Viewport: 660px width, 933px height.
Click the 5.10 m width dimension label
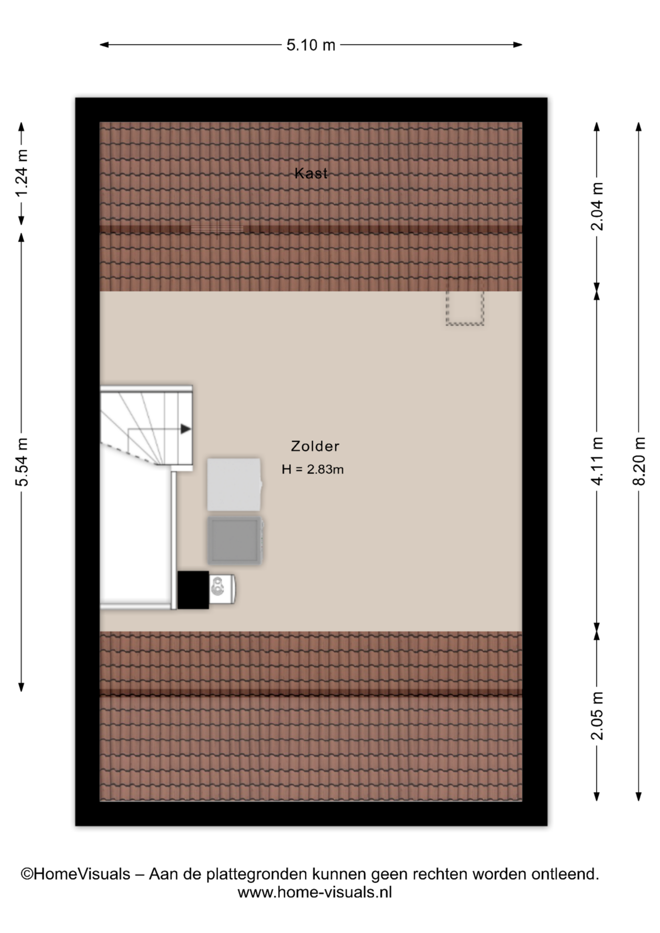coord(311,45)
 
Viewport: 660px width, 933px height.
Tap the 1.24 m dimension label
coord(22,173)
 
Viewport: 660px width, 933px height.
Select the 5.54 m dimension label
coord(22,462)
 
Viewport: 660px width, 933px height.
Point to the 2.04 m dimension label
coord(597,206)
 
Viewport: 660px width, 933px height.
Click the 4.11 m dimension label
coord(597,461)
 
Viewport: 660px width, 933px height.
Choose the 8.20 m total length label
coord(639,461)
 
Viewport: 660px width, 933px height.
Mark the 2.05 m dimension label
coord(597,716)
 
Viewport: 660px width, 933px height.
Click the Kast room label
coord(311,173)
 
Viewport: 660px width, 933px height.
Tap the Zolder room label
coord(315,446)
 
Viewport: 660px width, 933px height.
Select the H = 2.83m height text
coord(313,469)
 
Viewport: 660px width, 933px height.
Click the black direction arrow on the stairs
coord(186,429)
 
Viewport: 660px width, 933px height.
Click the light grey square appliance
coord(234,484)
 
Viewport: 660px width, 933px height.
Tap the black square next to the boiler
coord(193,590)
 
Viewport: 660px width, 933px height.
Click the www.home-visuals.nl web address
coord(314,892)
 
